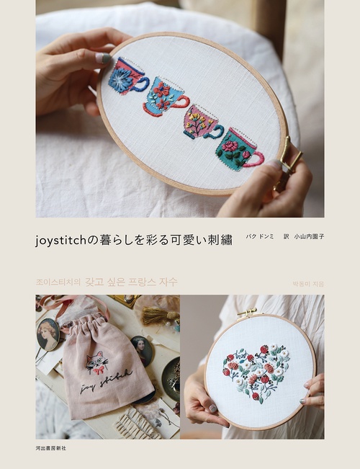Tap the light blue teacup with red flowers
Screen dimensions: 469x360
coord(165,98)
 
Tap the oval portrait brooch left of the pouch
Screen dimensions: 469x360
coord(48,334)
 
